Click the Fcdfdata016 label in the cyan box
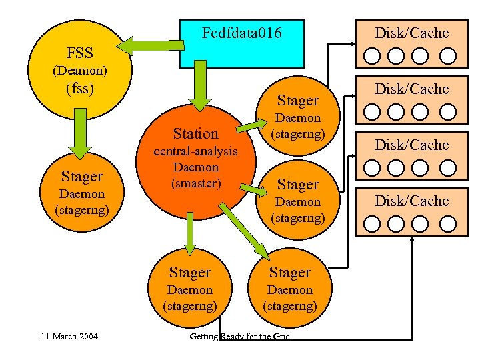[x=241, y=33]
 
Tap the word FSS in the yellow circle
[x=80, y=53]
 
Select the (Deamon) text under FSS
[x=80, y=69]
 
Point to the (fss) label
[x=80, y=87]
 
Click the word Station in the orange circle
[x=195, y=133]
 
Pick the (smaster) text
[x=195, y=183]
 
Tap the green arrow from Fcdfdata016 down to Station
[x=195, y=87]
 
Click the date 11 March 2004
[x=69, y=336]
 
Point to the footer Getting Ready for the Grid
[x=240, y=336]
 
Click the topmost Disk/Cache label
[x=411, y=33]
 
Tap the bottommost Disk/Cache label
[x=411, y=201]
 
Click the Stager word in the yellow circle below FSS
[x=81, y=177]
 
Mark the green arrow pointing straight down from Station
[x=191, y=233]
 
